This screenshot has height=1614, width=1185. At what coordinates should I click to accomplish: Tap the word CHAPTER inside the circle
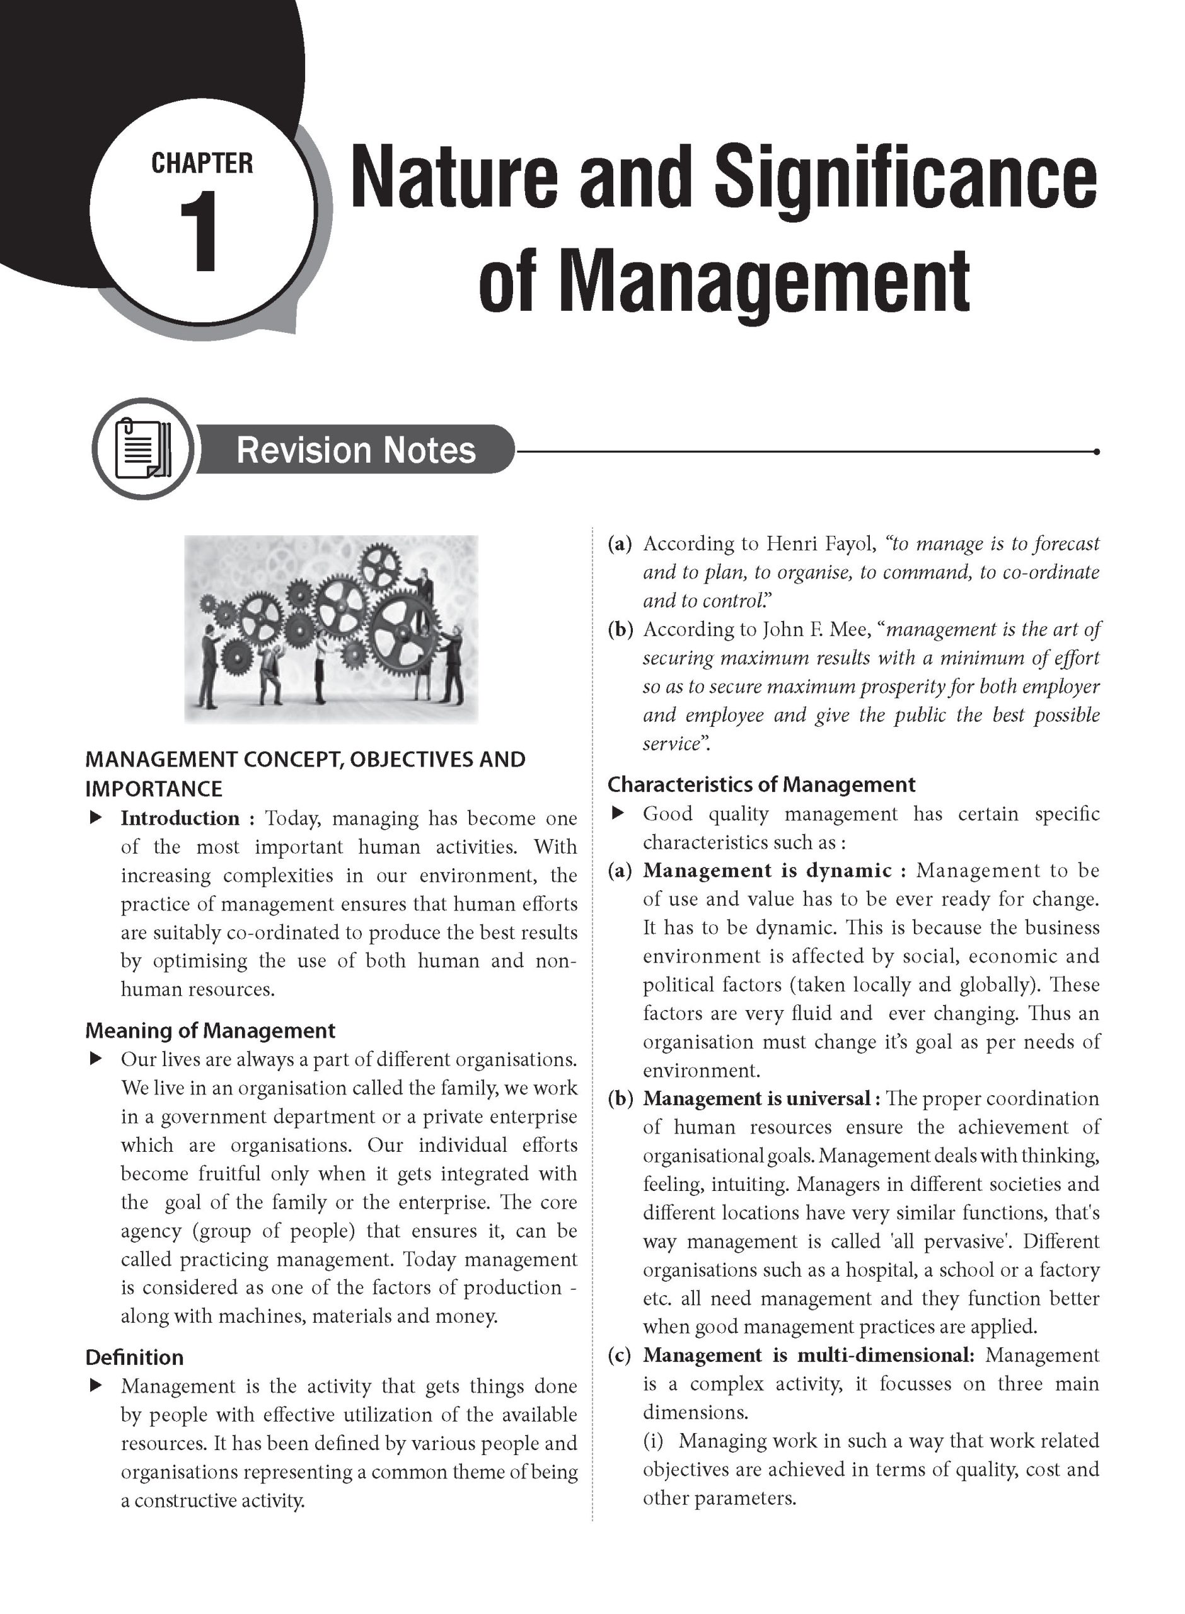click(x=202, y=163)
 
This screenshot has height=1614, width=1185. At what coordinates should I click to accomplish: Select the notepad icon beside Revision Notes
click(x=142, y=449)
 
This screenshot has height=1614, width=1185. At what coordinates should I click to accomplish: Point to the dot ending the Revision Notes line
click(x=1097, y=452)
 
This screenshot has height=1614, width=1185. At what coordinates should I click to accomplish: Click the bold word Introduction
click(x=180, y=818)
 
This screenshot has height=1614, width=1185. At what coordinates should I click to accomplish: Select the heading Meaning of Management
click(x=210, y=1031)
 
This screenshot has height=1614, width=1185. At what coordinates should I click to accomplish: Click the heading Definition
click(x=134, y=1358)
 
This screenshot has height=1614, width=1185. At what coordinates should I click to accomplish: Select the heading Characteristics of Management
click(x=761, y=785)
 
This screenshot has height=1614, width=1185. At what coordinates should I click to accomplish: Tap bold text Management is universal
click(x=756, y=1099)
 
